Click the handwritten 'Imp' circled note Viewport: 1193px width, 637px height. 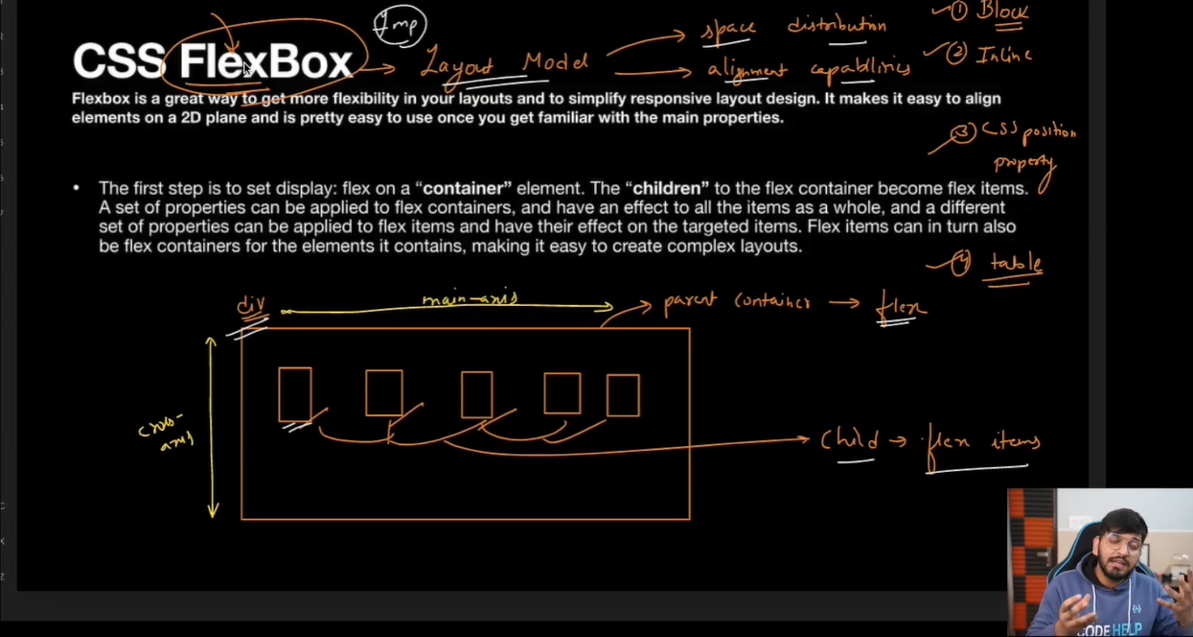pos(399,26)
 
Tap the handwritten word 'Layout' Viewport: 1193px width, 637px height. pos(457,65)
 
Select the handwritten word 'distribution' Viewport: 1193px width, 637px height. pos(837,26)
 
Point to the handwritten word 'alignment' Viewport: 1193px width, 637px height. pos(747,70)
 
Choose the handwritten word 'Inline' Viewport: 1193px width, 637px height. pos(1003,56)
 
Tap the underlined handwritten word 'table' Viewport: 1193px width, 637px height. pos(1016,263)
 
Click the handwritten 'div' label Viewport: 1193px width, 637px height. pos(251,307)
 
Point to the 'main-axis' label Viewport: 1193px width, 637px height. pos(470,299)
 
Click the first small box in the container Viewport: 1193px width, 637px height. pos(295,394)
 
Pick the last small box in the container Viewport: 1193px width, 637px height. pos(623,395)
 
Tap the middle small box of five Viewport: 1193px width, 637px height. pos(476,394)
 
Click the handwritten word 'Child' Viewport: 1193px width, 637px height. pos(849,440)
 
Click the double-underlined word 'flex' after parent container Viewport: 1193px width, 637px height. pos(902,307)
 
